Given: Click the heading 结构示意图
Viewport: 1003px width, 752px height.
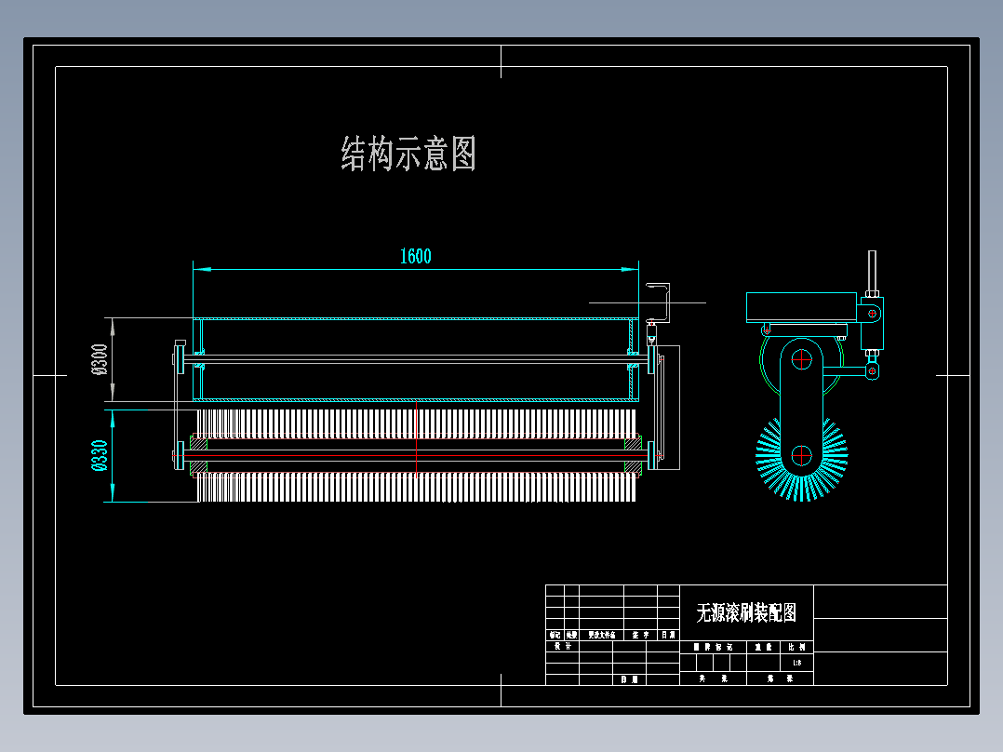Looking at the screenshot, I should point(408,154).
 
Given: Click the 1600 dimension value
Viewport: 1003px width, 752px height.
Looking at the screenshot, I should point(415,257).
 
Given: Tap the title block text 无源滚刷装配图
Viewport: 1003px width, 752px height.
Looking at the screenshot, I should point(746,611).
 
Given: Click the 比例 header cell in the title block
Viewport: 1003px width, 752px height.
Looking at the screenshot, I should point(797,646).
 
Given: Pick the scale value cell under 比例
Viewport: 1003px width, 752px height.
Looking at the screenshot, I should point(797,663).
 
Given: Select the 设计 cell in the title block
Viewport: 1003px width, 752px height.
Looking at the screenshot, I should point(562,645).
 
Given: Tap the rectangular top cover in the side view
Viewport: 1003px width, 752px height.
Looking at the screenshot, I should point(801,308).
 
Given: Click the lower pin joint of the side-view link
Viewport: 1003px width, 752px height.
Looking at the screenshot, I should point(872,371).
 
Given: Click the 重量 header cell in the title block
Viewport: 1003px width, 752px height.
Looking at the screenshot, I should point(764,646).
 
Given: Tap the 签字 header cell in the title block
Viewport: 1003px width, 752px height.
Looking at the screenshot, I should point(640,635).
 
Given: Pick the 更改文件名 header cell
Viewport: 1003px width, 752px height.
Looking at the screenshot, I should point(602,635).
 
